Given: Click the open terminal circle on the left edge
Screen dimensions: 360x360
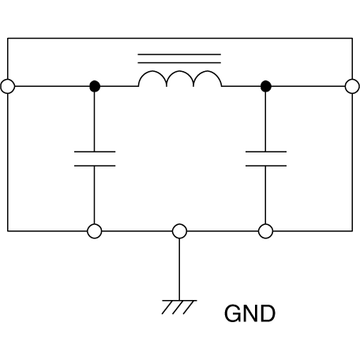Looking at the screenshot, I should tap(8, 87).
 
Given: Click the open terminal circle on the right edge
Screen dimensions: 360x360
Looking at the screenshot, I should tap(352, 87).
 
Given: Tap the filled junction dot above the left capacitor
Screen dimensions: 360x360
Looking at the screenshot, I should tap(94, 87).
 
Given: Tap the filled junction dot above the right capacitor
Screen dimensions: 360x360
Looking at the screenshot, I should tap(266, 87).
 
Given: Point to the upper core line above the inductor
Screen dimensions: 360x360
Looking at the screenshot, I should tap(180, 54).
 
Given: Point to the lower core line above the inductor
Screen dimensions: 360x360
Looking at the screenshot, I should tap(180, 62).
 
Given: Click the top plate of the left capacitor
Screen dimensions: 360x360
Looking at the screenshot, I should tap(94, 151).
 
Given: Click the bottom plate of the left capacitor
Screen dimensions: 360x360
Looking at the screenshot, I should tap(94, 166).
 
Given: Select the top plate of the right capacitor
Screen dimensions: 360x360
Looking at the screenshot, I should tap(266, 151).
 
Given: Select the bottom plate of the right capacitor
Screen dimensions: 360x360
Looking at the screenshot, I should tap(266, 166).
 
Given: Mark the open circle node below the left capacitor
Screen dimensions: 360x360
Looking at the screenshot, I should tap(94, 231).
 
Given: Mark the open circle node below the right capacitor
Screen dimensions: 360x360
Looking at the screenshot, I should tap(266, 231).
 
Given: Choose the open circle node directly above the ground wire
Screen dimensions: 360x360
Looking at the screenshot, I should tap(180, 231).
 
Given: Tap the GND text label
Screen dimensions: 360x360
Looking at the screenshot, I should tap(250, 313).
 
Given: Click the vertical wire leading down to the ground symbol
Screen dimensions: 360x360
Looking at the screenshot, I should tap(180, 268).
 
